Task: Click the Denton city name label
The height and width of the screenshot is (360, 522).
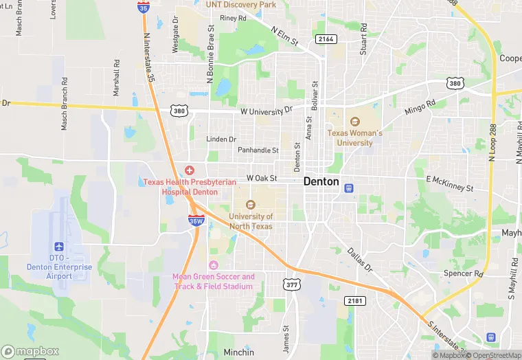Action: [321, 182]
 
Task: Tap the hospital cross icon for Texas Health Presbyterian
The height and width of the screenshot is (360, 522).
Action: [190, 170]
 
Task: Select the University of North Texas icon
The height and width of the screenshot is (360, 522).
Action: [250, 204]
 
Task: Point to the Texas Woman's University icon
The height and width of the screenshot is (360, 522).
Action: [355, 122]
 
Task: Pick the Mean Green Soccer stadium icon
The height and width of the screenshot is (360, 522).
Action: [213, 265]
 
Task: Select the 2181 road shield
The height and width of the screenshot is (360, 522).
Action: [356, 301]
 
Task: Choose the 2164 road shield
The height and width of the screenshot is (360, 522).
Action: [326, 39]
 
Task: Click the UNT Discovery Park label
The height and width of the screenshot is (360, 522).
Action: [240, 5]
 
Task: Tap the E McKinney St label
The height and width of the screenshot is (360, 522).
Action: [450, 183]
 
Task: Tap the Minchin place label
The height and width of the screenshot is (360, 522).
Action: [239, 352]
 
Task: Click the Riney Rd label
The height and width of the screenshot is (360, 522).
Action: [233, 19]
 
